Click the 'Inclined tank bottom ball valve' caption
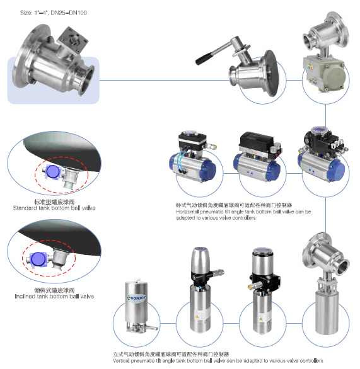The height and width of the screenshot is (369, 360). [x=54, y=296]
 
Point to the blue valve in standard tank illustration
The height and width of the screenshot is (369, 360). [x=52, y=171]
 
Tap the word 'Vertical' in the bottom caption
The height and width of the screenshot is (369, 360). [x=124, y=361]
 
